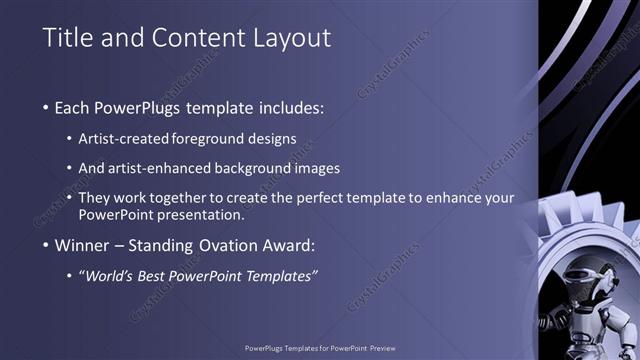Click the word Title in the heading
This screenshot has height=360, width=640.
tap(66, 38)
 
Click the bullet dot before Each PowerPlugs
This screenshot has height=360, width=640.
tap(46, 107)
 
